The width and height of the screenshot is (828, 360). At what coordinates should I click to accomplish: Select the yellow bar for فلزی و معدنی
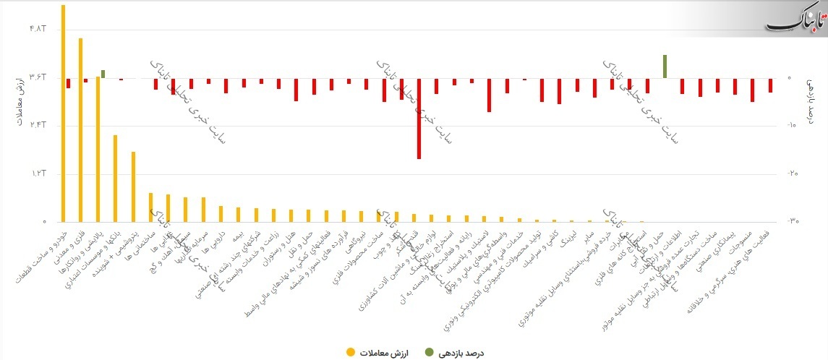point(80,130)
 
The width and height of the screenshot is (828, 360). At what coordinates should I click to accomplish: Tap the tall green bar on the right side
point(665,66)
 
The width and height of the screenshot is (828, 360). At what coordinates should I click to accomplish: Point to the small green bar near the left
point(103,74)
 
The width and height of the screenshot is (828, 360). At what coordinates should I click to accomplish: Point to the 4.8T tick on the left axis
point(38,29)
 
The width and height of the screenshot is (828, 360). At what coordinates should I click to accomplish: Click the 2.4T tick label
point(38,126)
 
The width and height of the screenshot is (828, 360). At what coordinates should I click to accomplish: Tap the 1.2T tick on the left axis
point(38,174)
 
